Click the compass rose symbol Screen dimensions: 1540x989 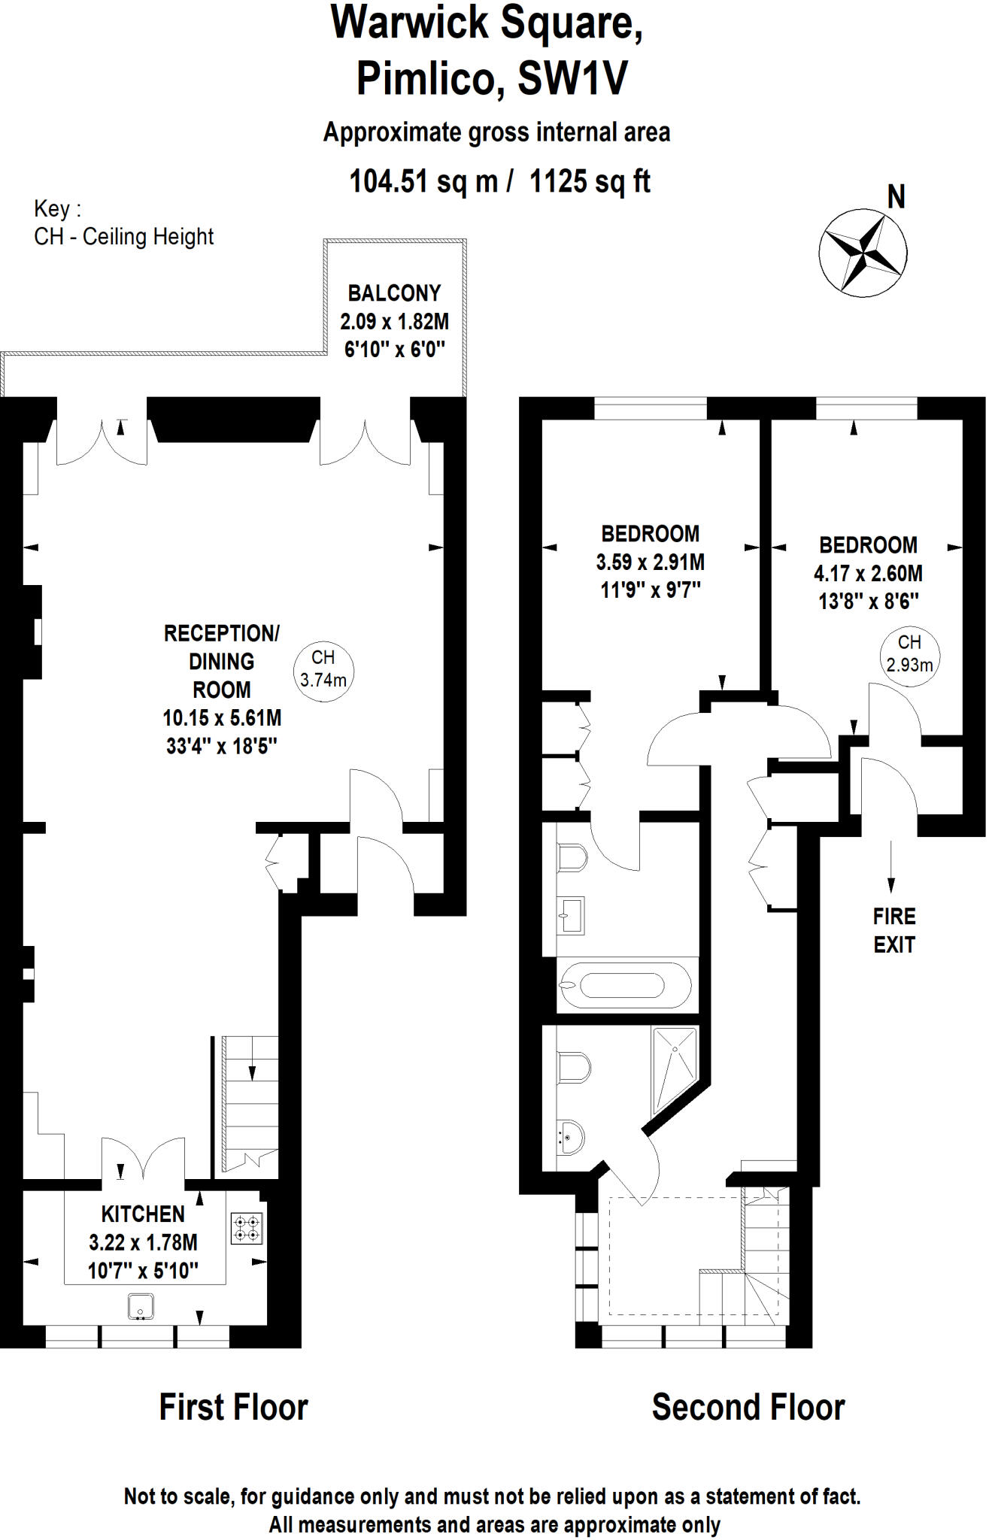(x=863, y=253)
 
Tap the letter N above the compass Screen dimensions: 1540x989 (x=896, y=197)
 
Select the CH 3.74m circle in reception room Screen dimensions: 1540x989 (x=323, y=668)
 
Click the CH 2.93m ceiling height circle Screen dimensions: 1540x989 (x=909, y=654)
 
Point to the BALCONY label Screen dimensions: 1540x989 (x=394, y=293)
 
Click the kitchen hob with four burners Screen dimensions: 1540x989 (x=247, y=1229)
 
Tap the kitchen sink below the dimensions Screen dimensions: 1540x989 (x=141, y=1305)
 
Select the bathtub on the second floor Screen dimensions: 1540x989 (x=623, y=985)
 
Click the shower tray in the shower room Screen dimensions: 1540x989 (x=675, y=1069)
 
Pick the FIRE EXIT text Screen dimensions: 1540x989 (x=894, y=930)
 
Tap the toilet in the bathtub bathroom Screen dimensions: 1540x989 (x=572, y=857)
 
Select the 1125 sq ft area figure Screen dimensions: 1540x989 (x=590, y=181)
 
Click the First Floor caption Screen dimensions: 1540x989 (x=234, y=1408)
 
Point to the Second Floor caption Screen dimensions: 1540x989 (x=748, y=1408)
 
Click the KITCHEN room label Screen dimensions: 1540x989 (x=143, y=1214)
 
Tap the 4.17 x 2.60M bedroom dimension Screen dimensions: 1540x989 (x=868, y=574)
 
